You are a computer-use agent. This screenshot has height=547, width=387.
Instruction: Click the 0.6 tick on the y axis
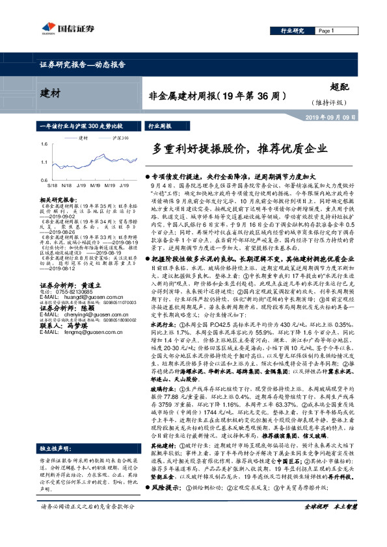(44, 180)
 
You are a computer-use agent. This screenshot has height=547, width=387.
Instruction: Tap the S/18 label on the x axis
(51, 185)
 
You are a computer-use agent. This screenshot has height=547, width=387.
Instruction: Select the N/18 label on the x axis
(67, 185)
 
